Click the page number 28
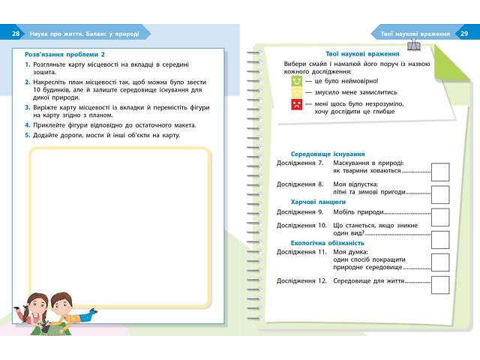coord(16,34)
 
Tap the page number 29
coord(464,34)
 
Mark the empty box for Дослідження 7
coord(440,171)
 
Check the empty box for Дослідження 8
coord(440,193)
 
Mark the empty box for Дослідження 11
coord(440,262)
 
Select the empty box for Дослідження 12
coord(440,284)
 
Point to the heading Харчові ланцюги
coord(318,202)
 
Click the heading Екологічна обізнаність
coord(327,243)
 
